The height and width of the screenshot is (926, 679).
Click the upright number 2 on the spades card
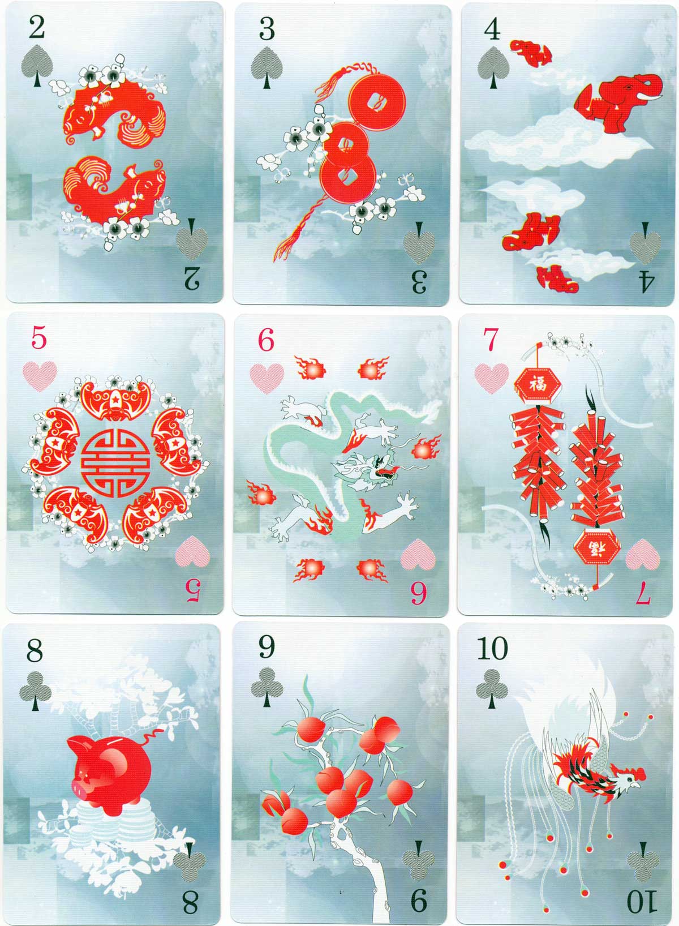point(37,28)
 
